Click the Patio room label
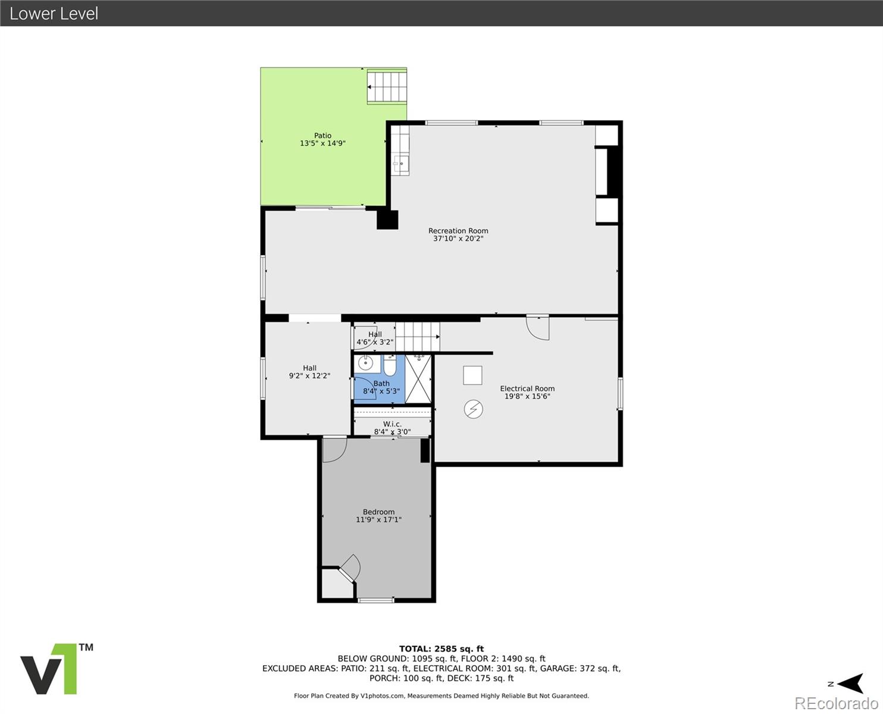click(x=322, y=136)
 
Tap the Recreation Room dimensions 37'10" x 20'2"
click(x=458, y=239)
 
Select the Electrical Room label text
click(x=527, y=389)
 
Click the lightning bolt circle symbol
click(x=474, y=409)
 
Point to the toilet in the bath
click(x=390, y=365)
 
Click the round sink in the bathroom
click(x=365, y=363)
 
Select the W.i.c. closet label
click(x=392, y=424)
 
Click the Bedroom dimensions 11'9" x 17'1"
click(x=378, y=519)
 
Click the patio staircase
click(x=387, y=86)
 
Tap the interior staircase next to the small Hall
click(x=418, y=337)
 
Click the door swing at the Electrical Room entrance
click(x=538, y=327)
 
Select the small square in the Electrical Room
click(x=473, y=375)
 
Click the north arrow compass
click(x=847, y=684)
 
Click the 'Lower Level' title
click(x=54, y=13)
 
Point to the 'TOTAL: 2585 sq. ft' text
click(x=441, y=649)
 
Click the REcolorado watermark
click(x=836, y=703)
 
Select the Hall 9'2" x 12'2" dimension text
click(x=309, y=376)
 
